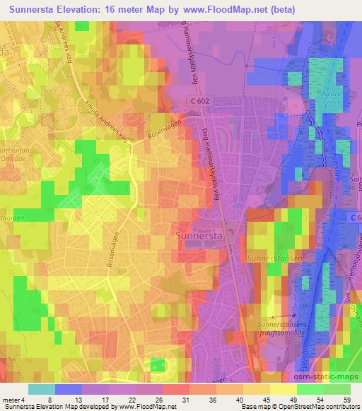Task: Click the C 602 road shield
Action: coord(202,102)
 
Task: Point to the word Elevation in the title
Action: coord(81,10)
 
